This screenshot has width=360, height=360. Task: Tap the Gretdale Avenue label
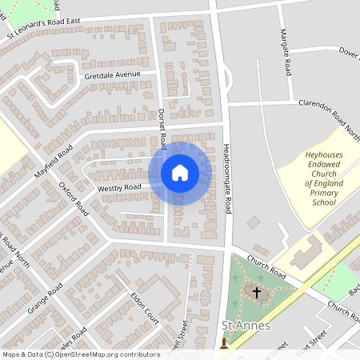tap(112, 75)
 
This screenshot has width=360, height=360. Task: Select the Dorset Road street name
tap(162, 129)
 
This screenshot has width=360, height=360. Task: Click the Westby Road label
tap(119, 188)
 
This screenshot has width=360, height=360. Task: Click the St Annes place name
tap(246, 326)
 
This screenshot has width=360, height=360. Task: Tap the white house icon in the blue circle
tap(180, 173)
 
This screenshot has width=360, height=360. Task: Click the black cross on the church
tap(257, 293)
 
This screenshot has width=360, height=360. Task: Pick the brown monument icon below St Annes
tap(224, 342)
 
